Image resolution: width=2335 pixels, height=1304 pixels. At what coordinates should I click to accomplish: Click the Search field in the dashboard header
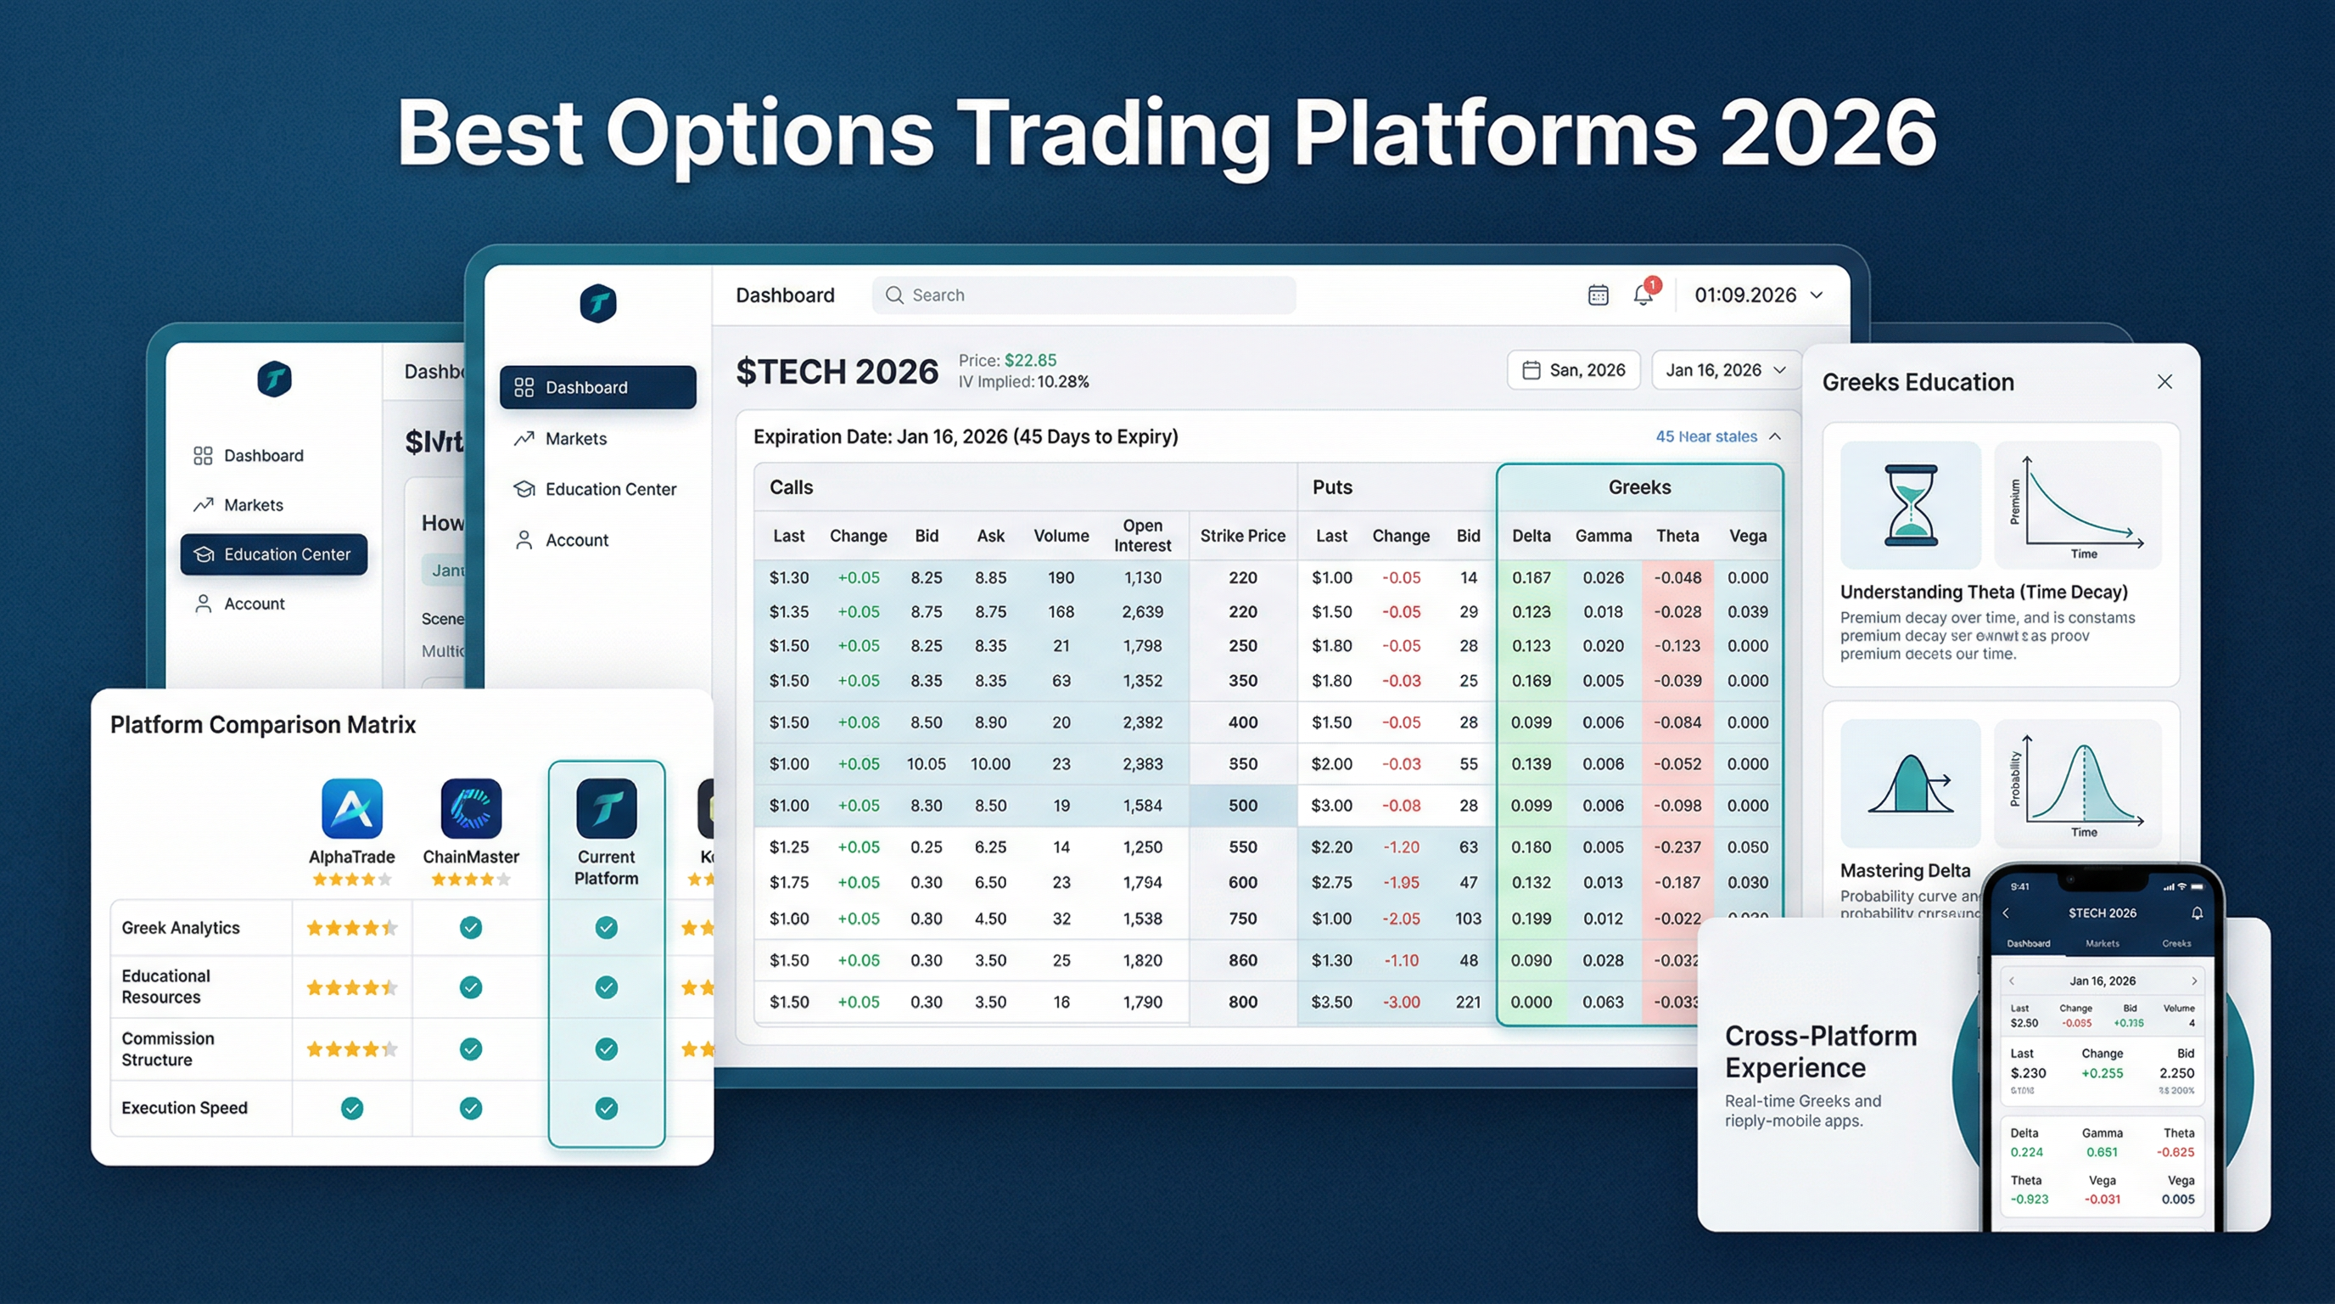[x=1084, y=295]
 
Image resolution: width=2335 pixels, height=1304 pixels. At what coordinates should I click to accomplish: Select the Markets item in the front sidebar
[x=574, y=439]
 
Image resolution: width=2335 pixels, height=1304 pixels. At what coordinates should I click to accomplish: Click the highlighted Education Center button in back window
[x=274, y=554]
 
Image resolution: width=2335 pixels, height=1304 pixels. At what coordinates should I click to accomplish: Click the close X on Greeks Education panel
[x=2164, y=382]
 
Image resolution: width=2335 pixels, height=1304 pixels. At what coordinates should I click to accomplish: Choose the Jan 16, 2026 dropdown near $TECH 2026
[x=1725, y=370]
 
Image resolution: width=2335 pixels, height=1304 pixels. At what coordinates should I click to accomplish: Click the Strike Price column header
[x=1242, y=536]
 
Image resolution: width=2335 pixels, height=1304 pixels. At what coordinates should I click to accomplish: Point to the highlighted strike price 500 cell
[x=1242, y=806]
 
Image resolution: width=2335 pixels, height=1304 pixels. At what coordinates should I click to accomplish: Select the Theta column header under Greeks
[x=1677, y=536]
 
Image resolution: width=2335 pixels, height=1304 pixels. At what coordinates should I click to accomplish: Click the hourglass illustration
[x=1910, y=505]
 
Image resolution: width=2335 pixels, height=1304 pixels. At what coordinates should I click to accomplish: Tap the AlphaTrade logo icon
[x=352, y=808]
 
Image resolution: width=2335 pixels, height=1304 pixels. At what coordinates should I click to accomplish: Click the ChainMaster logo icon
[x=470, y=808]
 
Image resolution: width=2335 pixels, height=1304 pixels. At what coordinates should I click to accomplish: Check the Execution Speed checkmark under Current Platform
[x=607, y=1108]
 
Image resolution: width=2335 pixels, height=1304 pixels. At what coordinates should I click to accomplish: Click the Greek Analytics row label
[x=181, y=928]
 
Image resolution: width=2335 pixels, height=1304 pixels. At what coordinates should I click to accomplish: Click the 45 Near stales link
[x=1706, y=436]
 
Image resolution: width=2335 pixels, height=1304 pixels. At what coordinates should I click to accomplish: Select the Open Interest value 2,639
[x=1142, y=612]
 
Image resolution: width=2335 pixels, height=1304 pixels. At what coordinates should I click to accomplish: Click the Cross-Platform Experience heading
[x=1819, y=1051]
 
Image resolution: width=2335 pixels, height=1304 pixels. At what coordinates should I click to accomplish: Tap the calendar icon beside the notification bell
[x=1598, y=295]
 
